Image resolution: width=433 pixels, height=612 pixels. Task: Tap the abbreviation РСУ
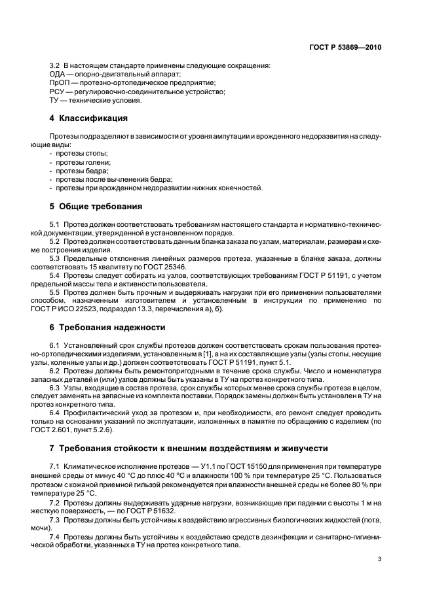[x=58, y=92]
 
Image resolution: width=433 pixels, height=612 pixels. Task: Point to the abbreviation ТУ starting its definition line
[x=54, y=101]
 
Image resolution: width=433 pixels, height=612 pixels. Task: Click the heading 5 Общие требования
[x=96, y=207]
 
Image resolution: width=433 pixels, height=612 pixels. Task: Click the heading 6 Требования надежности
[x=107, y=327]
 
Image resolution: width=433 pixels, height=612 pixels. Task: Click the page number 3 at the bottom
[x=379, y=560]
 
